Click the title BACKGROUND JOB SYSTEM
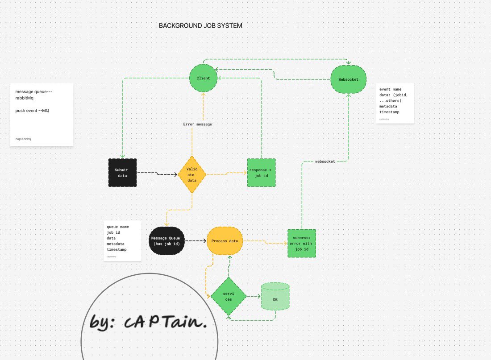[x=200, y=26]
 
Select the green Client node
[x=203, y=79]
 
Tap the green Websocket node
[x=348, y=79]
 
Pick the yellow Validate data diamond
[x=192, y=174]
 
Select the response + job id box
[x=261, y=173]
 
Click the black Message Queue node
[x=166, y=241]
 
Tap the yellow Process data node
[x=225, y=241]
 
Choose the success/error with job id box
[x=302, y=244]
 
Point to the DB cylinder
[x=275, y=296]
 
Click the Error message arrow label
[x=197, y=124]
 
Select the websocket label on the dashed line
[x=325, y=161]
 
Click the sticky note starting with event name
[x=395, y=103]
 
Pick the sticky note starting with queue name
[x=122, y=241]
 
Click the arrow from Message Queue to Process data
[x=196, y=241]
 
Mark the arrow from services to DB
[x=253, y=296]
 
